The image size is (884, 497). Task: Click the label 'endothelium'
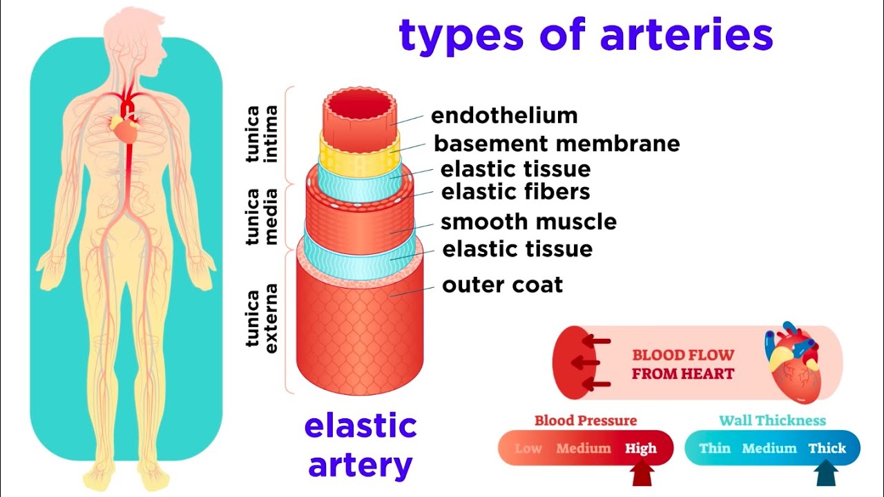point(504,115)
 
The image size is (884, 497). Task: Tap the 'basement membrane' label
point(557,144)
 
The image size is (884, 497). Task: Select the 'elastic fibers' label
point(516,191)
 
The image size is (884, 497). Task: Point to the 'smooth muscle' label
point(528,222)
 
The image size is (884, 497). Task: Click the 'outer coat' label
point(503,284)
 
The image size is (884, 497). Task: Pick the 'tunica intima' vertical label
point(262,134)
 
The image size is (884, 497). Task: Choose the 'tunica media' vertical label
point(262,216)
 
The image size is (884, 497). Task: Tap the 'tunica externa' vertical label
point(262,318)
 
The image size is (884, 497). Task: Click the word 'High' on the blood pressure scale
point(641,449)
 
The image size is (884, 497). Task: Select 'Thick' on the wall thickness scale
point(827,449)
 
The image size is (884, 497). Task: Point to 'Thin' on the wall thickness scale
point(714,449)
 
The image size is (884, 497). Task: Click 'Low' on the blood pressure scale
point(528,449)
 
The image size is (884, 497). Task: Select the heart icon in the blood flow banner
point(792,361)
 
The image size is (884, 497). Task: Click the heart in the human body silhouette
point(126,128)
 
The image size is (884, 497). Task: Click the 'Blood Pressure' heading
point(586,420)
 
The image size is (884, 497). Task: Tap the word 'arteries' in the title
point(686,36)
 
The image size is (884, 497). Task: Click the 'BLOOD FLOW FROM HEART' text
point(682,364)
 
